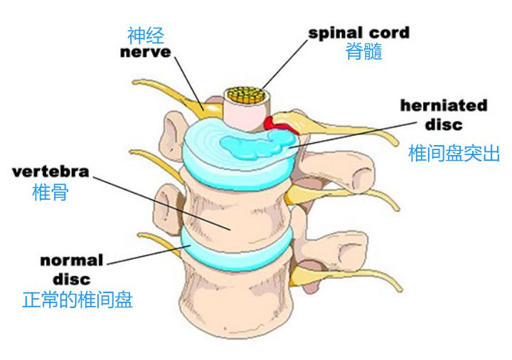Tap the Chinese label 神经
[146, 34]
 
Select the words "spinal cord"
[358, 33]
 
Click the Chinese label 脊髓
[363, 51]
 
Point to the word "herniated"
[444, 106]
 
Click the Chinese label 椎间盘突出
[454, 153]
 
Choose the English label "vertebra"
[50, 171]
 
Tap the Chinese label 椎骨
[50, 191]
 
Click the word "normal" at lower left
[72, 260]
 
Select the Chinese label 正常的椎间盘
[78, 300]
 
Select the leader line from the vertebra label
[160, 201]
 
